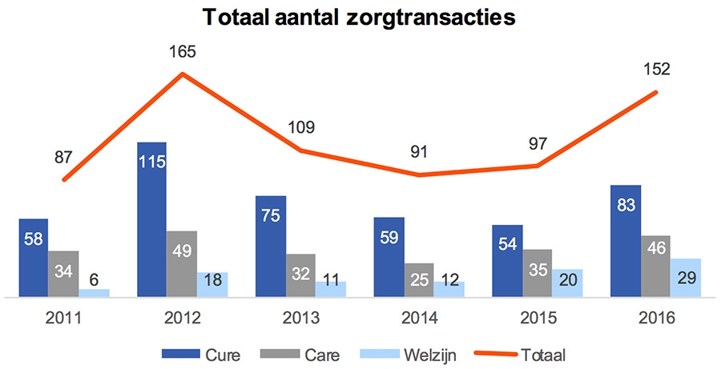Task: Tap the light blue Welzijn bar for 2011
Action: pyautogui.click(x=94, y=293)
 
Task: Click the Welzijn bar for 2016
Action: pyautogui.click(x=686, y=278)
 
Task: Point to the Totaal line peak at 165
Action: pyautogui.click(x=183, y=74)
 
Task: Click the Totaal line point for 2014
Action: pyautogui.click(x=420, y=174)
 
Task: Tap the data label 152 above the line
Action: pyautogui.click(x=656, y=68)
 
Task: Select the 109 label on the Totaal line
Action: pyautogui.click(x=301, y=126)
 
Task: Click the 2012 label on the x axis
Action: pyautogui.click(x=182, y=318)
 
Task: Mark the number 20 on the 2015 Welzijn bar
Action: pyautogui.click(x=567, y=283)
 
